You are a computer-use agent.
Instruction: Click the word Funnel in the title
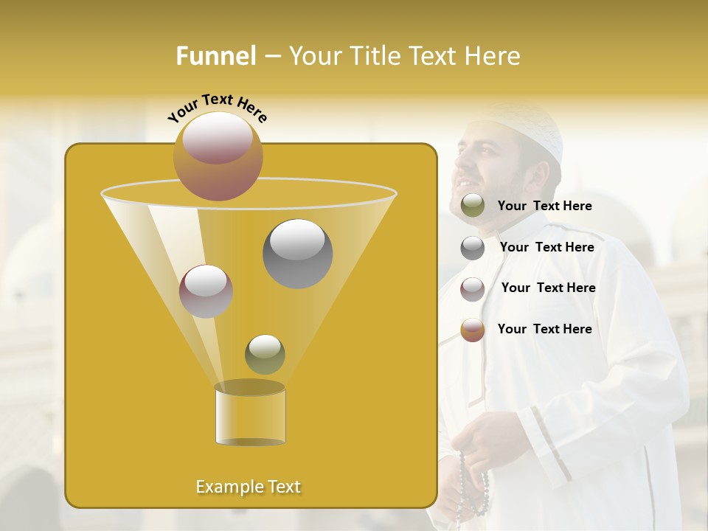216,56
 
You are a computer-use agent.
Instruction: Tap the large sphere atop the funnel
218,156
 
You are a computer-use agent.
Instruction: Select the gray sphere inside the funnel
297,253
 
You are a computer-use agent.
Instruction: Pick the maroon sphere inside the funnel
206,291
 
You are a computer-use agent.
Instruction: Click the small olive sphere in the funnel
265,354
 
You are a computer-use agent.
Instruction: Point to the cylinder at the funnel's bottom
250,417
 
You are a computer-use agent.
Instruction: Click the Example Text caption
249,487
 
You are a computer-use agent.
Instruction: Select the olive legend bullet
473,206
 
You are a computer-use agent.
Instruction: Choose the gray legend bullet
473,247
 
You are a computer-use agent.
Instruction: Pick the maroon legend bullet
473,288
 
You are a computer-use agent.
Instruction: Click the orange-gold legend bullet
473,330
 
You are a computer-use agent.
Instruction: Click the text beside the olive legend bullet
544,206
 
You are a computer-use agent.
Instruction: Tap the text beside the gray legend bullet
546,247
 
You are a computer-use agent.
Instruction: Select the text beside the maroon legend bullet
548,288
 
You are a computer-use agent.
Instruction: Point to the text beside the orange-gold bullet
544,329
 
